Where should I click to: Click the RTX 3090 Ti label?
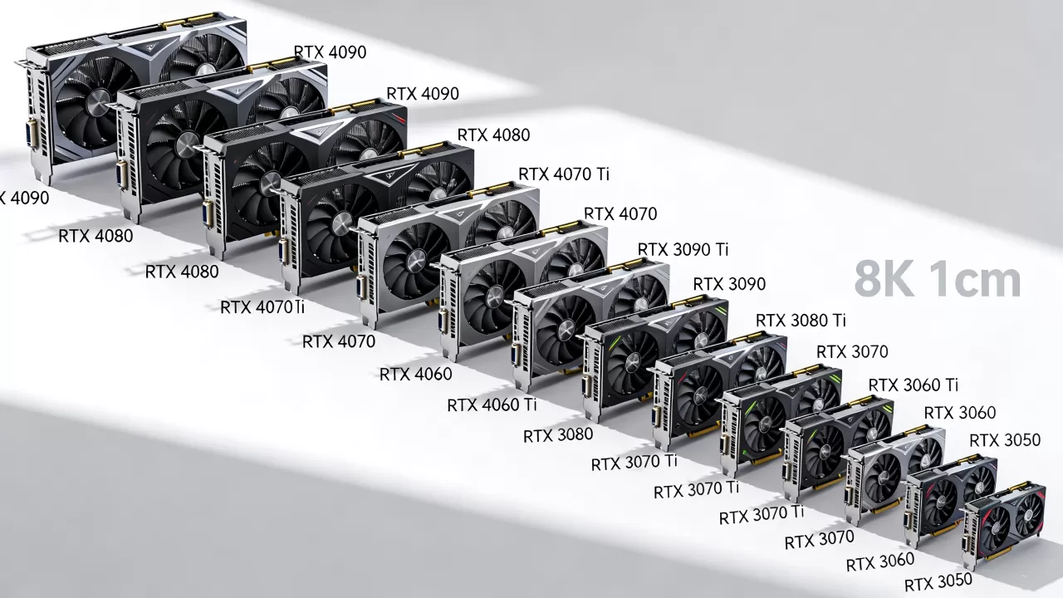tap(683, 249)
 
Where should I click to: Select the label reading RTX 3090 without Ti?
tap(729, 284)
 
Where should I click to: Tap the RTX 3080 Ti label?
tap(801, 321)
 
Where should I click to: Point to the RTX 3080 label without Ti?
tap(557, 435)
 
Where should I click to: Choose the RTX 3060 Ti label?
tap(913, 385)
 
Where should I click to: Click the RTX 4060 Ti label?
tap(492, 404)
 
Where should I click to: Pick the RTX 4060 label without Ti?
tap(416, 375)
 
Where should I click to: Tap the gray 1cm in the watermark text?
tap(973, 280)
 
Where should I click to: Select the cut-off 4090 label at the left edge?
tap(24, 198)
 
